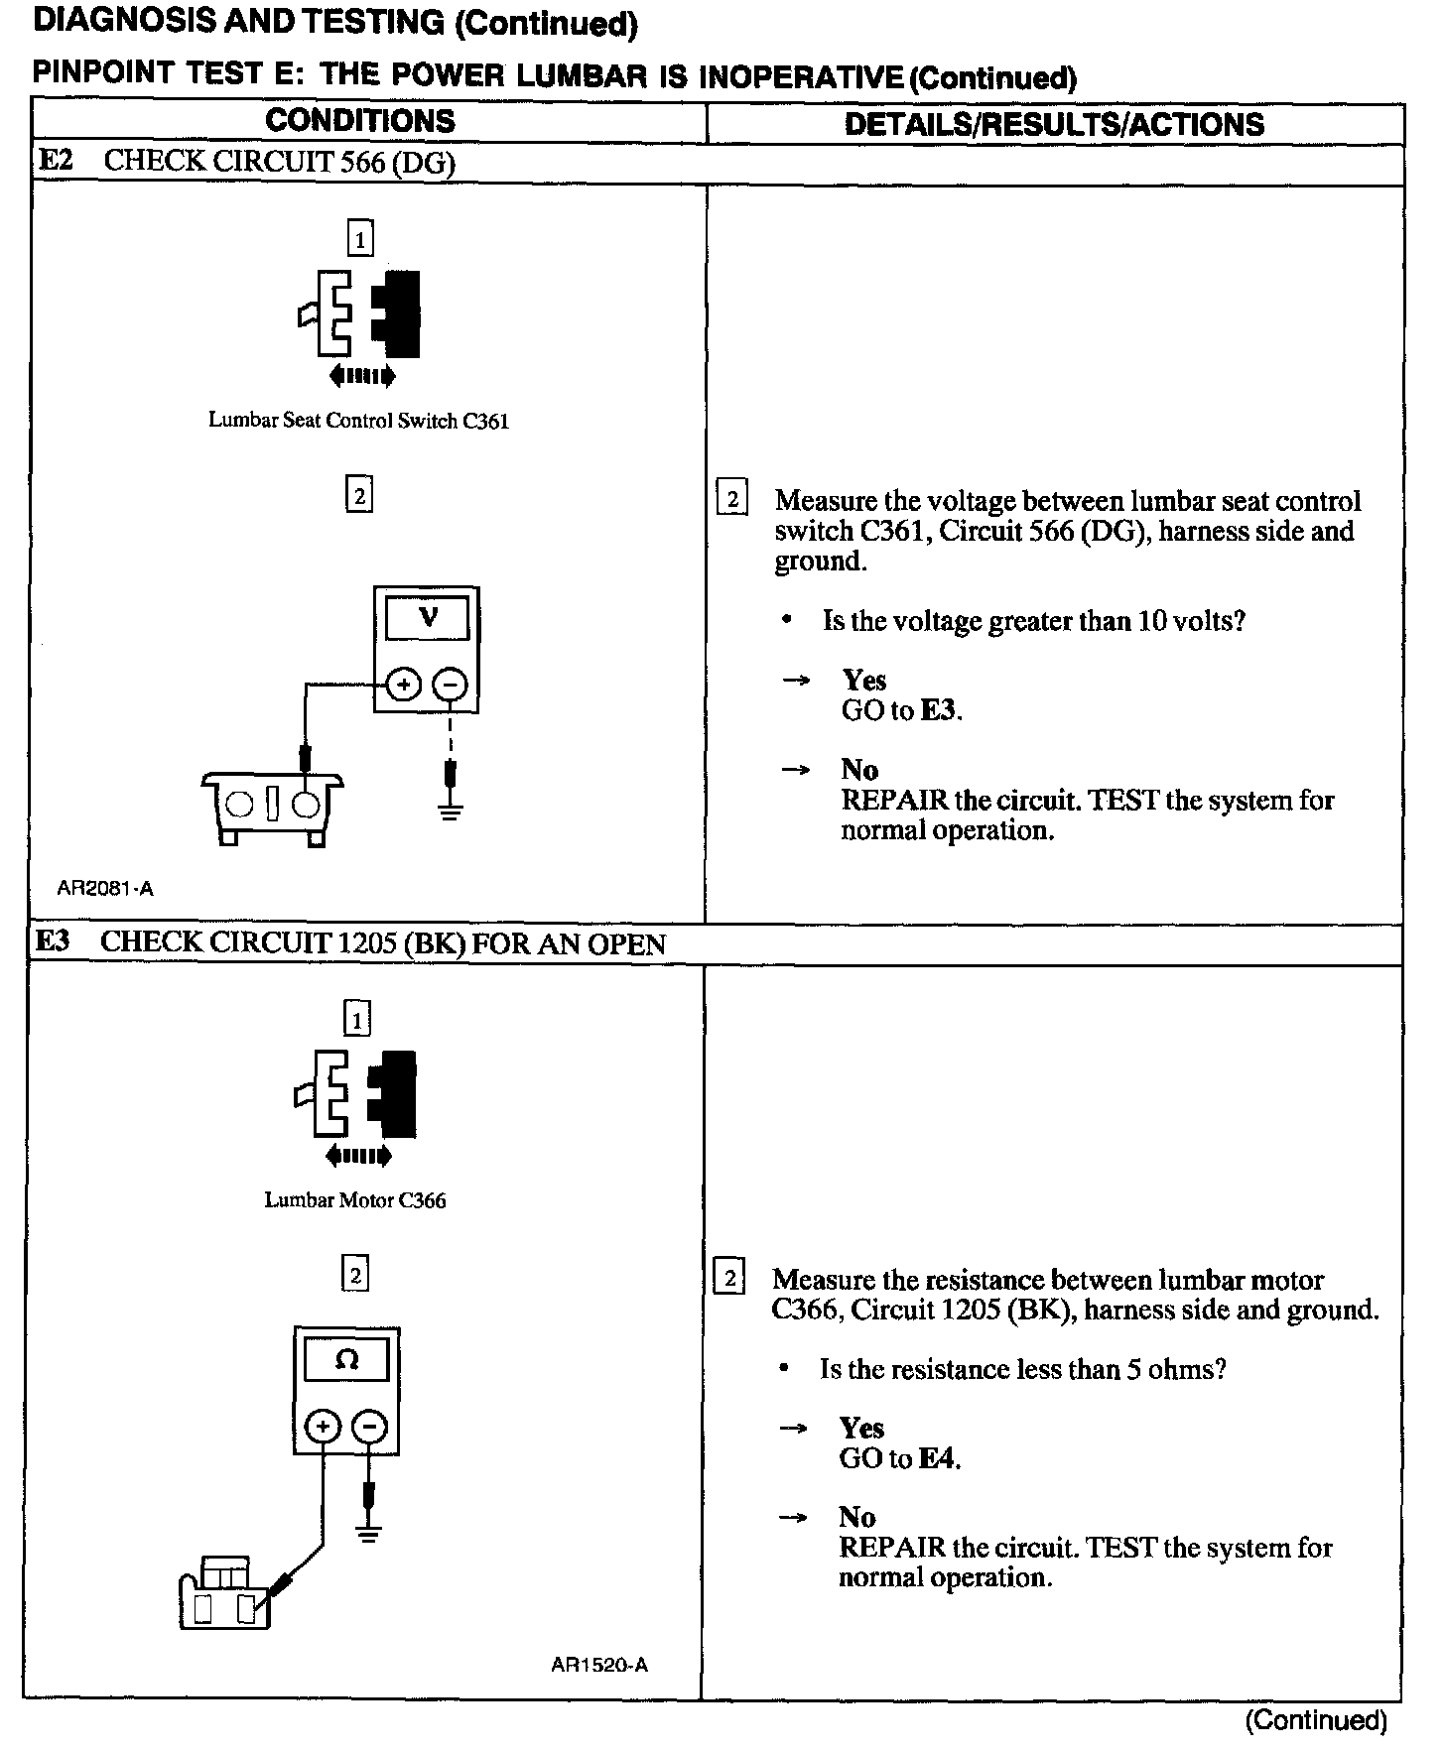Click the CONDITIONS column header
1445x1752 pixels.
pyautogui.click(x=359, y=121)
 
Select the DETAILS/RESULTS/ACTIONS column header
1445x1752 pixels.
pyautogui.click(x=1054, y=124)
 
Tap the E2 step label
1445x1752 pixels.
pyautogui.click(x=56, y=161)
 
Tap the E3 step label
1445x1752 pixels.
pyautogui.click(x=54, y=941)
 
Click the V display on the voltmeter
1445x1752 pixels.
pyautogui.click(x=428, y=618)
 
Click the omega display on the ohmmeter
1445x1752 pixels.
pyautogui.click(x=346, y=1359)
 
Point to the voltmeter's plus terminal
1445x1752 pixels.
pyautogui.click(x=403, y=685)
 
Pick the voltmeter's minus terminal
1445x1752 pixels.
pyautogui.click(x=451, y=685)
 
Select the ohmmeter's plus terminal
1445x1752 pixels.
pyautogui.click(x=323, y=1427)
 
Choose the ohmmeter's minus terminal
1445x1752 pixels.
pyautogui.click(x=369, y=1427)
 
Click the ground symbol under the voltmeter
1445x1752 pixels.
pyautogui.click(x=451, y=812)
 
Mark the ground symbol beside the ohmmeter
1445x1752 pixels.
pyautogui.click(x=369, y=1535)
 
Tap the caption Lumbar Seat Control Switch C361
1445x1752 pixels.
pyautogui.click(x=358, y=421)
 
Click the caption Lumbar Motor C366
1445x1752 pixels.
pyautogui.click(x=354, y=1200)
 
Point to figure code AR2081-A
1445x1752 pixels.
pyautogui.click(x=105, y=889)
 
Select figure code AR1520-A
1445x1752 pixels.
pyautogui.click(x=599, y=1666)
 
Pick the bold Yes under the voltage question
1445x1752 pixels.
pyautogui.click(x=863, y=681)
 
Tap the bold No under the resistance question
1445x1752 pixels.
pyautogui.click(x=857, y=1517)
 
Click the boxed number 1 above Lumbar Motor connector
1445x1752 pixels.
pyautogui.click(x=356, y=1019)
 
